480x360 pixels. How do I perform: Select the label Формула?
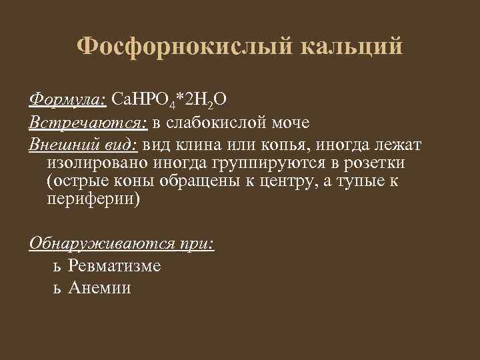click(67, 100)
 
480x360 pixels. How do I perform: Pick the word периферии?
click(91, 200)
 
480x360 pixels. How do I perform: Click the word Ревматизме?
click(114, 265)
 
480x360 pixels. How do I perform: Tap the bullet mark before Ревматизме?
click(57, 267)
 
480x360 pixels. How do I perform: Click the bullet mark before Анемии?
click(57, 289)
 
